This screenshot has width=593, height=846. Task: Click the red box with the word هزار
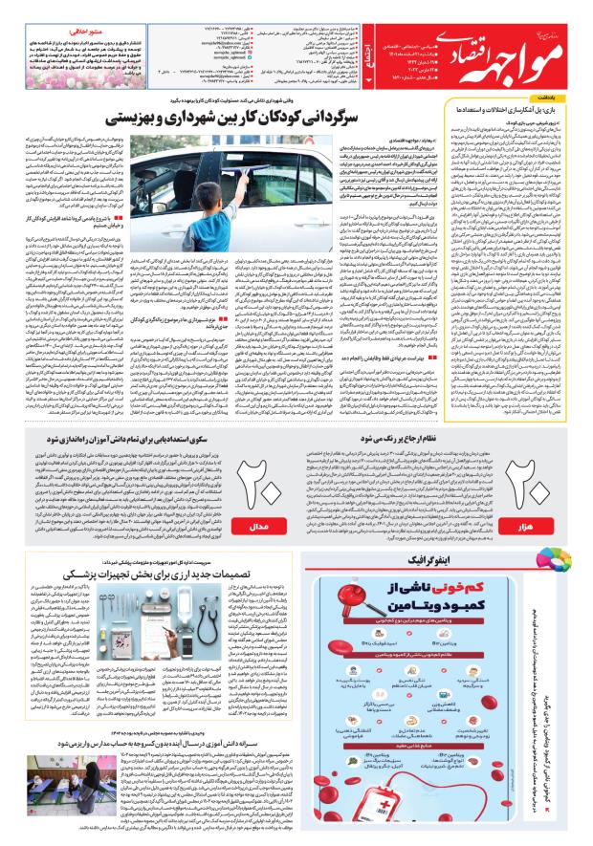(x=537, y=527)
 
